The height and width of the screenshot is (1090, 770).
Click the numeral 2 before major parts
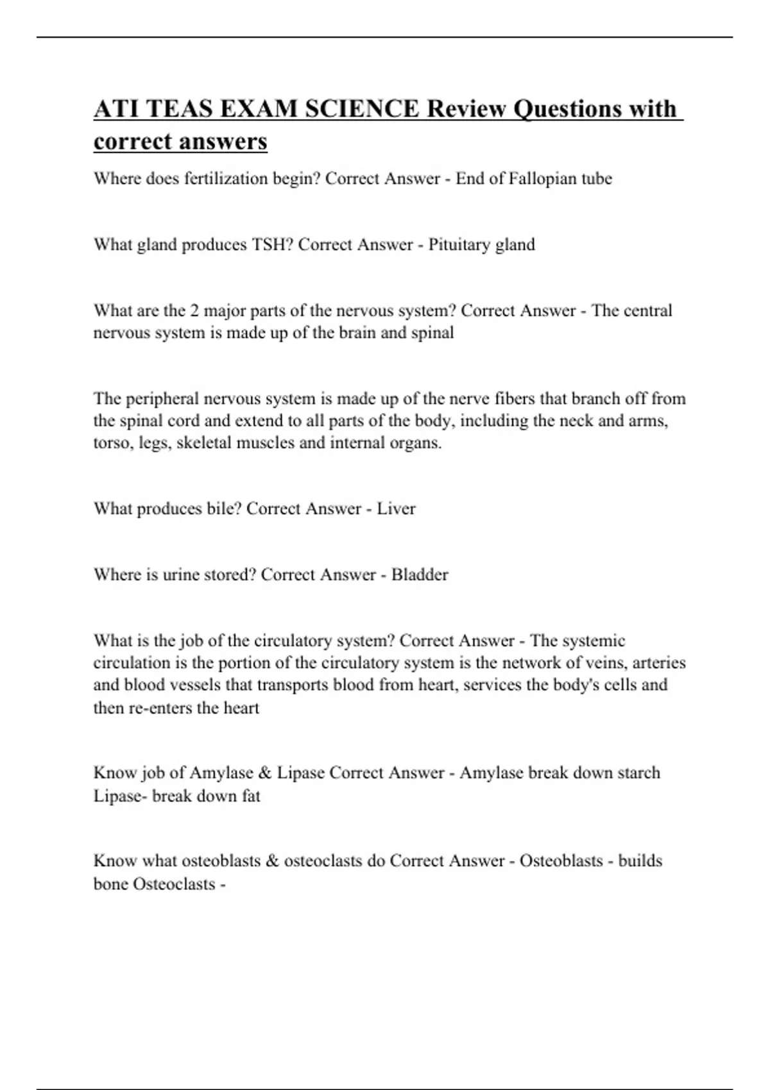pos(195,311)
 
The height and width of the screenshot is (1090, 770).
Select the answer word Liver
pos(396,508)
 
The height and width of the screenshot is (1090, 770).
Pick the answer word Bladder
pos(420,574)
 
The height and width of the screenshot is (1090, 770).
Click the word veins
pos(604,662)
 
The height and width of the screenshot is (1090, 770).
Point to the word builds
pos(640,860)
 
